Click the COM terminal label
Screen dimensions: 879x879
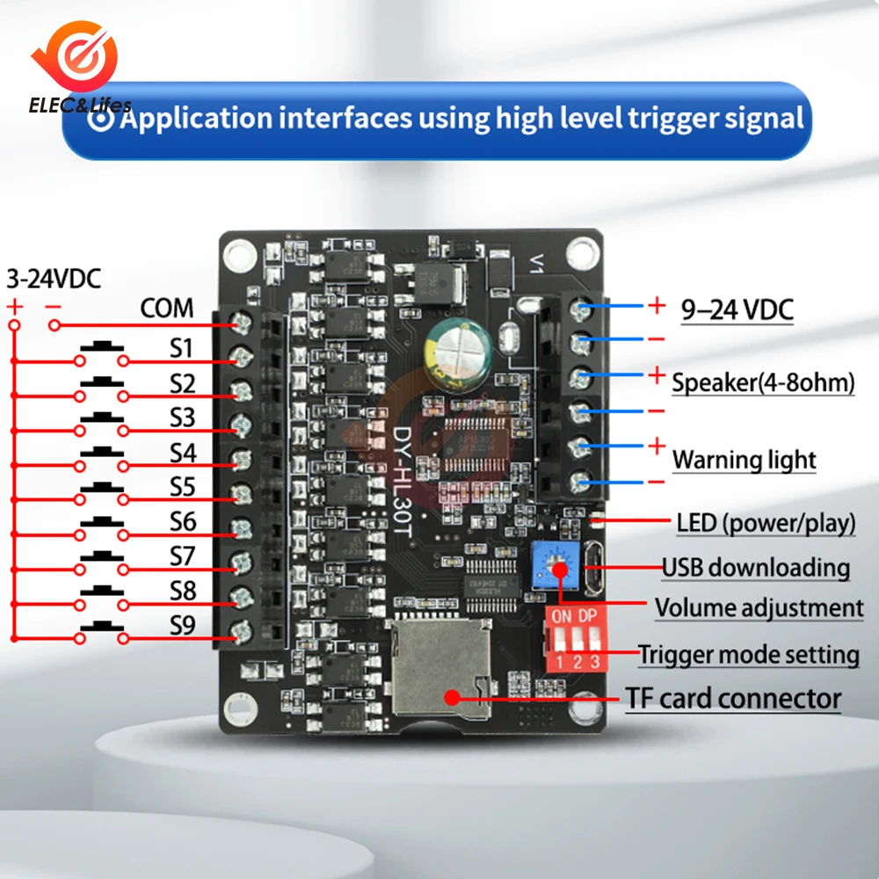167,309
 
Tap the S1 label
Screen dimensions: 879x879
181,348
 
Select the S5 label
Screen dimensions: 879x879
182,486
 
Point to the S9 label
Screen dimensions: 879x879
182,626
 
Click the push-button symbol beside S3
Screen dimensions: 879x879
102,418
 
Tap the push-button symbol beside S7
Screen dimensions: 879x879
102,556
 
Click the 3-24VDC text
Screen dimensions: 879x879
54,280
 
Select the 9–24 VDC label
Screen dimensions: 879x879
737,309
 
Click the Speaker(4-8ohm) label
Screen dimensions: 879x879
763,383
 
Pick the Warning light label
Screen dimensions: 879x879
744,460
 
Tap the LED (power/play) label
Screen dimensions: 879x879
766,524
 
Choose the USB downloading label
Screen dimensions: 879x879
755,567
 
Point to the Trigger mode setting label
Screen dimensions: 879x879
748,654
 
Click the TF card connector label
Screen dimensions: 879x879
733,700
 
